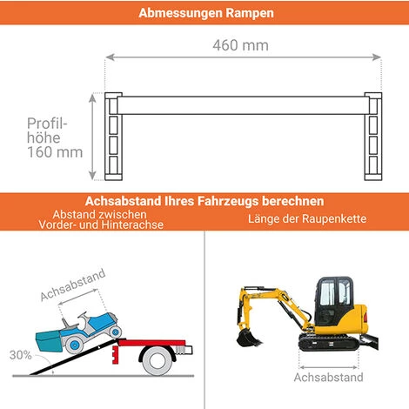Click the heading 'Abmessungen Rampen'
[x=205, y=13]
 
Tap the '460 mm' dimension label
[x=241, y=44]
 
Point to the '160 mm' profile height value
[x=55, y=151]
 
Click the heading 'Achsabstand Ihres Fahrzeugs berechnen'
[x=204, y=201]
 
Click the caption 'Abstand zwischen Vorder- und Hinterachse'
[x=101, y=219]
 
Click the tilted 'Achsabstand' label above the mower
[x=73, y=285]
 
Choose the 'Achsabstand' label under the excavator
[x=328, y=378]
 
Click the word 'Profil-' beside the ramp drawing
[x=47, y=123]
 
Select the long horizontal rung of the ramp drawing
[x=244, y=107]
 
